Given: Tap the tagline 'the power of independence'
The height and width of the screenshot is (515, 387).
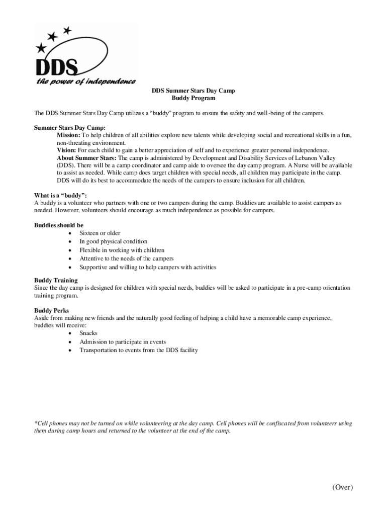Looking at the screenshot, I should pyautogui.click(x=85, y=81).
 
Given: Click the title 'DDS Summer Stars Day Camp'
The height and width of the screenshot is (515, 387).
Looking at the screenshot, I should pyautogui.click(x=193, y=91).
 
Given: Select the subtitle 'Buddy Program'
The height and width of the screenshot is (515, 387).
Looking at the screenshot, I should pyautogui.click(x=193, y=99).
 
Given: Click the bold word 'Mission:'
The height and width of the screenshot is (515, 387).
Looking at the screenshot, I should pyautogui.click(x=68, y=135).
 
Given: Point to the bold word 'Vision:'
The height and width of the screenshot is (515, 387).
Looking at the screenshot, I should pyautogui.click(x=66, y=150).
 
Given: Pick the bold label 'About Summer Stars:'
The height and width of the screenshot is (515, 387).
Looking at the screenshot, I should pyautogui.click(x=86, y=158).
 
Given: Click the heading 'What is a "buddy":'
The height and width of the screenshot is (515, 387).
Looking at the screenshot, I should pyautogui.click(x=60, y=195).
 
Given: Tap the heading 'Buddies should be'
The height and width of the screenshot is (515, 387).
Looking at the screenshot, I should pyautogui.click(x=59, y=225).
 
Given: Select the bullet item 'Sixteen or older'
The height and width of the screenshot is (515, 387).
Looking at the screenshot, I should pyautogui.click(x=100, y=233).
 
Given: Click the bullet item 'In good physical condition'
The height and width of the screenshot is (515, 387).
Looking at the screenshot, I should pyautogui.click(x=113, y=241).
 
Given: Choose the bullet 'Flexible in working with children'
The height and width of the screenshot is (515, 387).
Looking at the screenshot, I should pyautogui.click(x=122, y=250).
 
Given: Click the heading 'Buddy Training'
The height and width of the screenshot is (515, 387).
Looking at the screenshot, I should pyautogui.click(x=56, y=280).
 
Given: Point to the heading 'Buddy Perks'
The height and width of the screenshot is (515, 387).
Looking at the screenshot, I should pyautogui.click(x=51, y=310).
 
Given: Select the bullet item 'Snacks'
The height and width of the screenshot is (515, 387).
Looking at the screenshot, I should pyautogui.click(x=88, y=333).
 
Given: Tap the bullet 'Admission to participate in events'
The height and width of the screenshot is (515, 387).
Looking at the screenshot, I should pyautogui.click(x=123, y=341).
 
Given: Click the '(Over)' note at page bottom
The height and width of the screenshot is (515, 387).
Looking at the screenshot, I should pyautogui.click(x=342, y=487).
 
